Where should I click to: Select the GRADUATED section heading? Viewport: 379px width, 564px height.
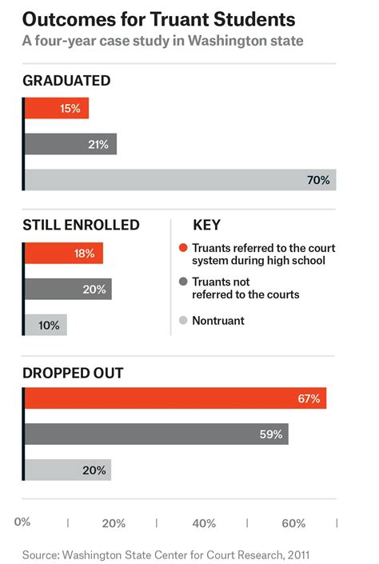pyautogui.click(x=66, y=81)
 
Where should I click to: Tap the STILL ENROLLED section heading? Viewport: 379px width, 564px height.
pyautogui.click(x=82, y=225)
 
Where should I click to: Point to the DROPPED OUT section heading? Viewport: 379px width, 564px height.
pyautogui.click(x=73, y=372)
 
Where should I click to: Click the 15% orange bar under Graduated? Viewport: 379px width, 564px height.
pyautogui.click(x=57, y=108)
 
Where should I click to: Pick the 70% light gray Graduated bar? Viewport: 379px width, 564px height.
pyautogui.click(x=180, y=180)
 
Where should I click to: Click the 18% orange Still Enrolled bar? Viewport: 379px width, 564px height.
pyautogui.click(x=64, y=254)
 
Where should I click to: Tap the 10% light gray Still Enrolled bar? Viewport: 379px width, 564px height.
pyautogui.click(x=46, y=325)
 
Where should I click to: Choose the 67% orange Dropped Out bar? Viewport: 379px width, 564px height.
pyautogui.click(x=175, y=398)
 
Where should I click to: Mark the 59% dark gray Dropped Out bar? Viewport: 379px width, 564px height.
pyautogui.click(x=156, y=434)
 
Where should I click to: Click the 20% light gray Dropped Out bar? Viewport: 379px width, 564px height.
pyautogui.click(x=68, y=470)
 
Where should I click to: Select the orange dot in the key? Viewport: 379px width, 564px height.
pyautogui.click(x=184, y=248)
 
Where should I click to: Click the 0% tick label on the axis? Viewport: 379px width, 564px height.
pyautogui.click(x=22, y=523)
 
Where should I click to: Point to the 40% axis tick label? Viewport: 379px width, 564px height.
pyautogui.click(x=204, y=523)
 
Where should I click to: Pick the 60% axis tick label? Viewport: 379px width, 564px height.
pyautogui.click(x=293, y=523)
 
